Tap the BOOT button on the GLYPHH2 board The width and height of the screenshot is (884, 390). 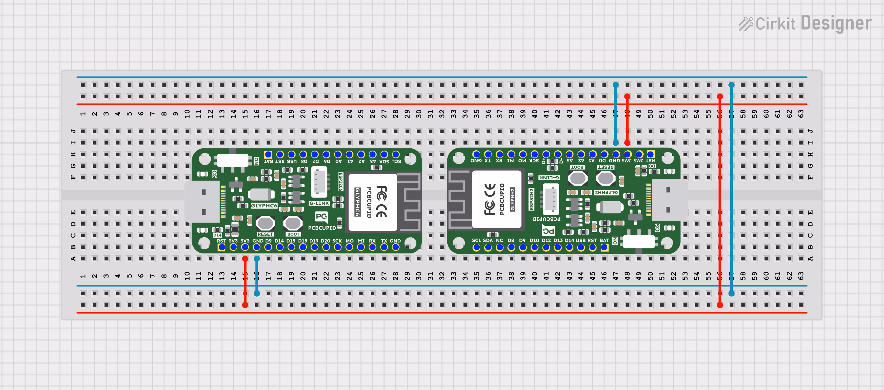pyautogui.click(x=578, y=178)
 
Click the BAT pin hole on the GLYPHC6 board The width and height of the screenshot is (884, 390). pyautogui.click(x=268, y=154)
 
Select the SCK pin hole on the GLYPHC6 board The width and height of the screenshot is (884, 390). pyautogui.click(x=338, y=247)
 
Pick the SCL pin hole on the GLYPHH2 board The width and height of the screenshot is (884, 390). pyautogui.click(x=476, y=248)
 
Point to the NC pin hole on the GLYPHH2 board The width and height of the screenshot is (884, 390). pyautogui.click(x=500, y=248)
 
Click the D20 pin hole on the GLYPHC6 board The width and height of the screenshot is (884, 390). pyautogui.click(x=326, y=247)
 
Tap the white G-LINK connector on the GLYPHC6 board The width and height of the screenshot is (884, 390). pyautogui.click(x=319, y=182)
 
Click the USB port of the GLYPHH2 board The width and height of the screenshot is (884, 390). pyautogui.click(x=669, y=200)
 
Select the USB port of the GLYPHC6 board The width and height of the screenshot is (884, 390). pyautogui.click(x=202, y=202)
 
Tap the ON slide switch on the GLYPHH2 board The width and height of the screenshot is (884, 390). pyautogui.click(x=639, y=242)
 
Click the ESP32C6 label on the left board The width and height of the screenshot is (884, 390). pyautogui.click(x=341, y=182)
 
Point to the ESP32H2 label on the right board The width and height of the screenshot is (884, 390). pyautogui.click(x=532, y=199)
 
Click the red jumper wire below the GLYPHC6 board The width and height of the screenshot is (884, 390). pyautogui.click(x=245, y=282)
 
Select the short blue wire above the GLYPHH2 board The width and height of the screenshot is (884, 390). pyautogui.click(x=616, y=113)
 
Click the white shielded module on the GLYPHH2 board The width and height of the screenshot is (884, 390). pyautogui.click(x=497, y=199)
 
